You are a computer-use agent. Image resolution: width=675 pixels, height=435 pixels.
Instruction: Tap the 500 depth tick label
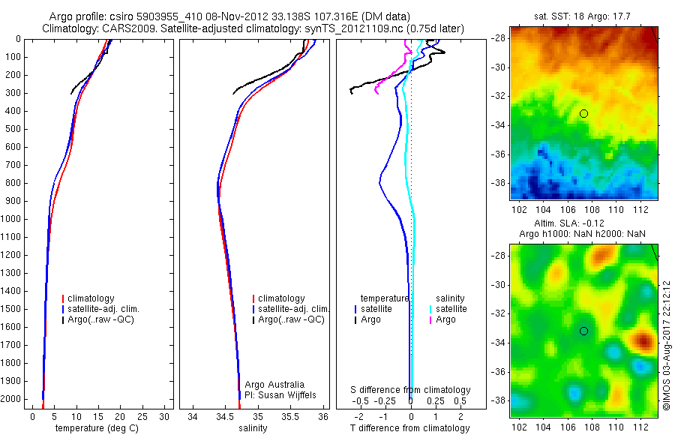13,129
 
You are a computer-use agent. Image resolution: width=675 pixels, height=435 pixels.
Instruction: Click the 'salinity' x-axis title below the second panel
252,428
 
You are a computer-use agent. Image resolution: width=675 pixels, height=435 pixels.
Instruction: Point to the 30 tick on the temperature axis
164,416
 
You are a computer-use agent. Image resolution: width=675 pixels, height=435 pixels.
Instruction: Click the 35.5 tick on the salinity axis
291,416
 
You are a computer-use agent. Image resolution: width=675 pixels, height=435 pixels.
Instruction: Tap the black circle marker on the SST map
583,113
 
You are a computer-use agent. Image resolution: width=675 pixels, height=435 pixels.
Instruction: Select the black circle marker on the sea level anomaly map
583,331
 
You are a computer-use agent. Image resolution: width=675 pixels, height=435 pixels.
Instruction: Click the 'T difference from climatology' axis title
410,428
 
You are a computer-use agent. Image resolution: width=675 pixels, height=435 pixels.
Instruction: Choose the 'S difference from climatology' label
410,390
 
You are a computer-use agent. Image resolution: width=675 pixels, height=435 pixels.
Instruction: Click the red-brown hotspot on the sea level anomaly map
643,342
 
